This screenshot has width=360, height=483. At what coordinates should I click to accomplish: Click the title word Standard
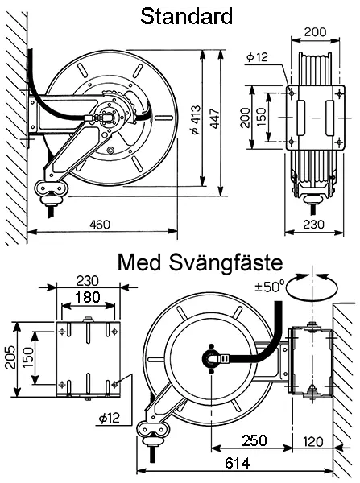[186, 16]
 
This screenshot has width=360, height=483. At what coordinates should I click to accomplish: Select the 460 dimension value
[100, 225]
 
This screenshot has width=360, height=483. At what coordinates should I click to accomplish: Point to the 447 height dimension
[214, 118]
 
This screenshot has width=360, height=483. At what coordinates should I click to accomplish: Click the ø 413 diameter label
[196, 120]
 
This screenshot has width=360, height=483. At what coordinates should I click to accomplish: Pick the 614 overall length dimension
[237, 463]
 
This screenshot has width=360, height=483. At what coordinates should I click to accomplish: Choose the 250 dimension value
[254, 440]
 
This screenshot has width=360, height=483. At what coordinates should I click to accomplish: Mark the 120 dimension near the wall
[312, 441]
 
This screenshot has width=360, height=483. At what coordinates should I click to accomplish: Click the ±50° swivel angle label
[269, 287]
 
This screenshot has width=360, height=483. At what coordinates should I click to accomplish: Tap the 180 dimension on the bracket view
[88, 297]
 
